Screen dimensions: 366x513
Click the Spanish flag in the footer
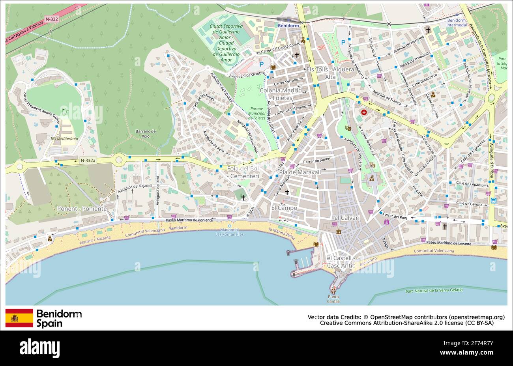click(19, 318)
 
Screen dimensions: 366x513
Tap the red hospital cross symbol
click(363, 112)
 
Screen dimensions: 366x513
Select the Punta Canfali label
click(333, 299)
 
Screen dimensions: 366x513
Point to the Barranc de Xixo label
click(146, 133)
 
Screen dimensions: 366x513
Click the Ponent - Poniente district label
click(82, 208)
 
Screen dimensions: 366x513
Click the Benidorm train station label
click(288, 26)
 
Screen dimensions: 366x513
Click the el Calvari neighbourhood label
click(347, 218)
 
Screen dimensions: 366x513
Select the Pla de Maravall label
click(300, 172)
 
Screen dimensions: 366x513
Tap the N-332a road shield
click(88, 161)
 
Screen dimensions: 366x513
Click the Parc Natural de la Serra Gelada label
click(434, 290)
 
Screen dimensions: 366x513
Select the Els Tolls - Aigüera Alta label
click(330, 73)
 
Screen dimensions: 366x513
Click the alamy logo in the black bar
click(39, 348)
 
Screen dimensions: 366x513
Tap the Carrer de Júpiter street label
click(316, 160)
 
